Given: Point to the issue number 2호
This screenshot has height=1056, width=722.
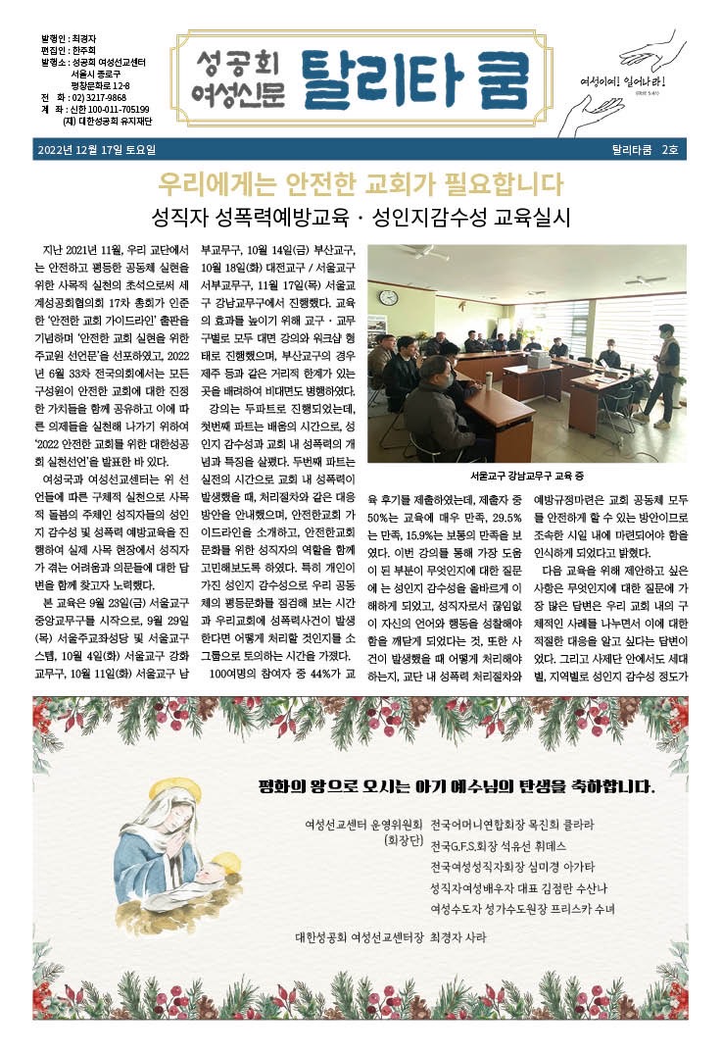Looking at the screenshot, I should [670, 150].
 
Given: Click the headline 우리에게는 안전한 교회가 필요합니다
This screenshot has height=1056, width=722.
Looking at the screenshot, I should [361, 184].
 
